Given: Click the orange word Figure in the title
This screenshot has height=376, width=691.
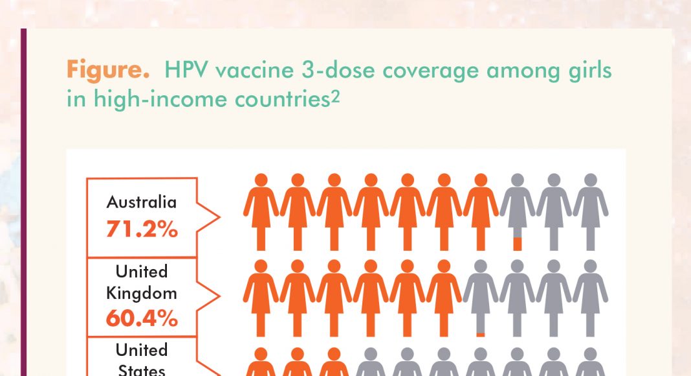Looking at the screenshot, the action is click(x=107, y=71).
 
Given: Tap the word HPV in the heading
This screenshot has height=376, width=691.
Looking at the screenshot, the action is click(x=186, y=70).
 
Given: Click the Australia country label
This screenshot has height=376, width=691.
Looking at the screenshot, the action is click(x=142, y=202).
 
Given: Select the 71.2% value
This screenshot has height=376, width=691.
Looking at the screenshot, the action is click(x=142, y=229).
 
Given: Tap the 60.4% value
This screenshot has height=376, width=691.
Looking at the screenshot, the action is click(x=142, y=318).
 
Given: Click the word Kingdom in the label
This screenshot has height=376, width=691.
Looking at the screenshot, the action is click(x=142, y=294).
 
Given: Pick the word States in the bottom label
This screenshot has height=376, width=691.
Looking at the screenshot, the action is click(x=142, y=370).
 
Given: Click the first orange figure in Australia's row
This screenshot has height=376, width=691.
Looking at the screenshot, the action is click(x=261, y=212).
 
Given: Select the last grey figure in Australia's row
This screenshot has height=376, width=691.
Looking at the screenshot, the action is click(x=591, y=212).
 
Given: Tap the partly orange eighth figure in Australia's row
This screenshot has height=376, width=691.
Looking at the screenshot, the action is click(x=518, y=212).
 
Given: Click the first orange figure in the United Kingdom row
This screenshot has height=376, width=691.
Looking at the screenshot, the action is click(x=261, y=298).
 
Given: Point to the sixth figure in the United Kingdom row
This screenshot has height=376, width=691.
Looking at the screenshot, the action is click(x=444, y=298).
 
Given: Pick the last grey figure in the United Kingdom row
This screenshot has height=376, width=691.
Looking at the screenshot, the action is click(x=590, y=298).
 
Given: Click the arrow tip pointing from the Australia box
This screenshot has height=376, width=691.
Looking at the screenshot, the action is click(x=219, y=217).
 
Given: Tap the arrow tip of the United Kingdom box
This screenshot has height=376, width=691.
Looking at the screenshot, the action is click(x=219, y=296).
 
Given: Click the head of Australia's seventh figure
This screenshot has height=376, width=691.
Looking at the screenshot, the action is click(x=481, y=180).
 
